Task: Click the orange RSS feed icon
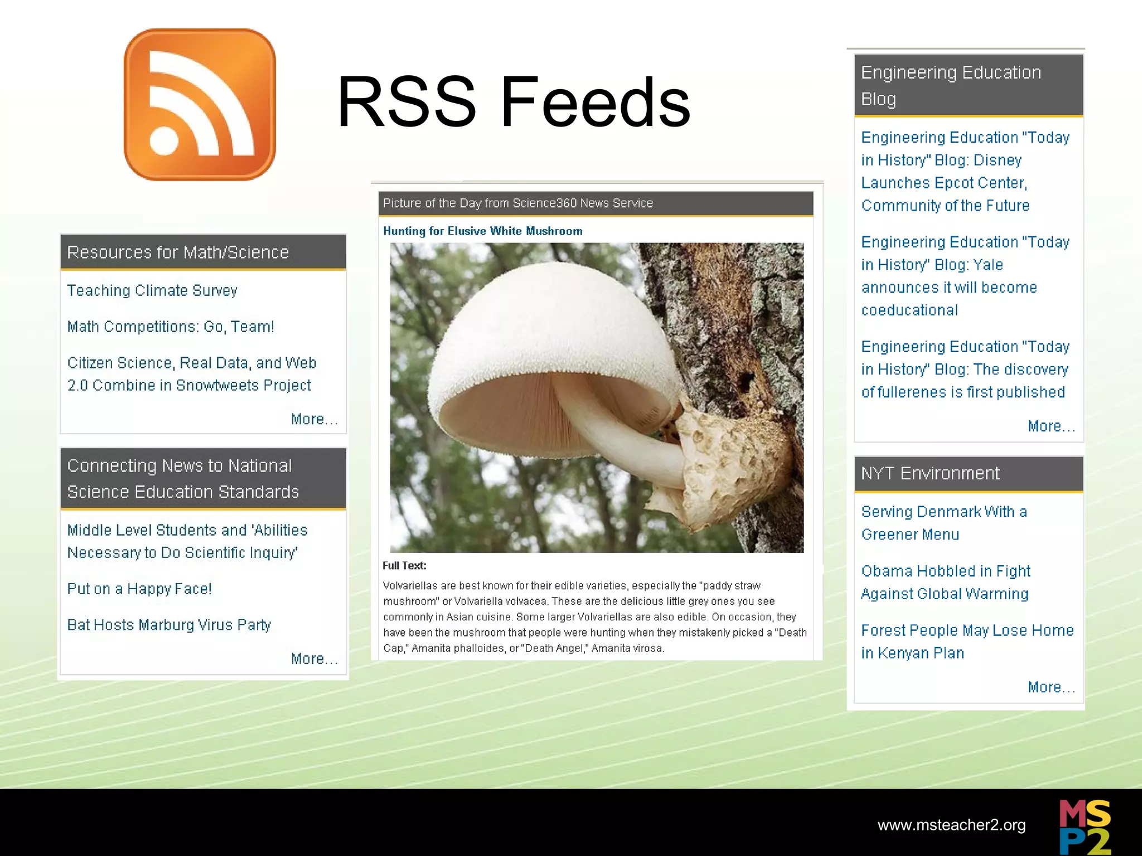tap(200, 105)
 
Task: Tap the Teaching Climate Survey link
tap(152, 290)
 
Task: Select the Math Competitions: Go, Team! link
tap(171, 327)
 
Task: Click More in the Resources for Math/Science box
tap(314, 419)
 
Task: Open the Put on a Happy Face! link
tap(139, 589)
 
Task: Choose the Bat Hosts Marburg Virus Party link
tap(169, 625)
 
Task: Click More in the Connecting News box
tap(314, 659)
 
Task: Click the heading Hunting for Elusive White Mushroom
tap(482, 231)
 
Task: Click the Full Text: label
tap(404, 566)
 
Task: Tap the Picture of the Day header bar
tap(595, 203)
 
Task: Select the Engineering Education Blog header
tap(968, 85)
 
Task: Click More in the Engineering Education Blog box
tap(1051, 426)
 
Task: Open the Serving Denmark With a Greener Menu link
tap(943, 523)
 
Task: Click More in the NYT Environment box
tap(1051, 687)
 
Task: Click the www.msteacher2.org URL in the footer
tap(951, 825)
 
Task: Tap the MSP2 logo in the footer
tap(1085, 826)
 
